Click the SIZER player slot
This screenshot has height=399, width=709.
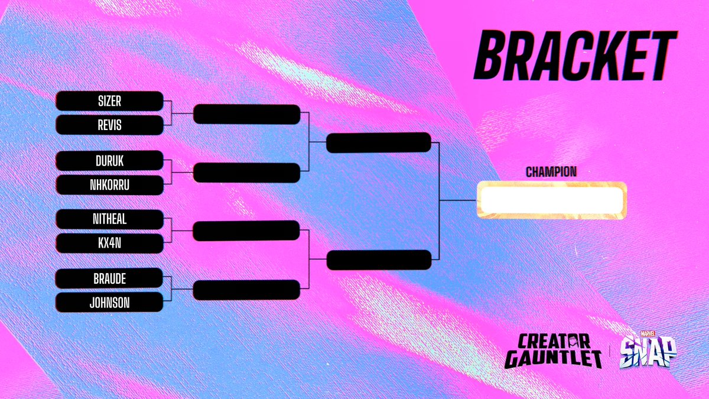tap(109, 101)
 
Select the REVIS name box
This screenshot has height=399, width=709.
tap(109, 125)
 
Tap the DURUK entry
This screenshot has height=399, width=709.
tap(109, 160)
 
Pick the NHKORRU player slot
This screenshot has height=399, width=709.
tap(109, 184)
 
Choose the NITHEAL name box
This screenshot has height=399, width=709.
tap(109, 219)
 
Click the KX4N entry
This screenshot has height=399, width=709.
tap(109, 244)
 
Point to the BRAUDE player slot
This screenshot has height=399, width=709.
tap(109, 278)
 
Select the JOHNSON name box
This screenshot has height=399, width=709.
tap(109, 303)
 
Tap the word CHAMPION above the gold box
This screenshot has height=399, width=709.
tap(551, 172)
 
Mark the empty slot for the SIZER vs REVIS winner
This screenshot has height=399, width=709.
tap(246, 114)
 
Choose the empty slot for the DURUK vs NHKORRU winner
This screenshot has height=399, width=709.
tap(246, 173)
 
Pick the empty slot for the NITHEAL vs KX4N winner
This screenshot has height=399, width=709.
tap(246, 231)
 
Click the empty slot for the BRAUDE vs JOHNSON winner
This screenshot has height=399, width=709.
tap(246, 290)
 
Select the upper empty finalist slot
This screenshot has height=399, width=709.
tap(379, 142)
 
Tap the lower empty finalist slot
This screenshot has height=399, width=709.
tap(379, 260)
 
